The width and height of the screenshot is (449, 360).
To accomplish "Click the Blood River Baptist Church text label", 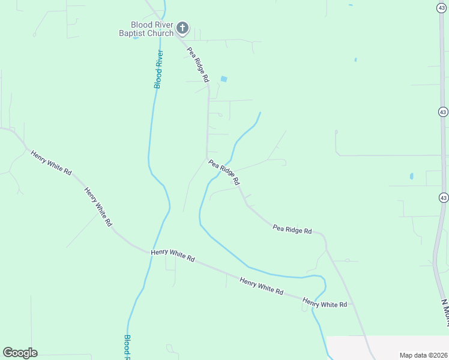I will [146, 29].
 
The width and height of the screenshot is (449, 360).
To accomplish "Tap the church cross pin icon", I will [182, 28].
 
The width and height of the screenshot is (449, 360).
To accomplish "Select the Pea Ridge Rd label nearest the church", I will [197, 64].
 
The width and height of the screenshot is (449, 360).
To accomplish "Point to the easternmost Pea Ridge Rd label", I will [292, 229].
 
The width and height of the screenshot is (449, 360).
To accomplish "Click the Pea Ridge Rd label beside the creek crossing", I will [224, 172].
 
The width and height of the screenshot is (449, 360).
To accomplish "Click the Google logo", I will [20, 353].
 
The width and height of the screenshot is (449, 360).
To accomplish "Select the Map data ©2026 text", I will [423, 355].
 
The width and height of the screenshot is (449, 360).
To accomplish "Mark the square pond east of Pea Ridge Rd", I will [224, 79].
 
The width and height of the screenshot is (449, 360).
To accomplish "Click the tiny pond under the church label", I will [136, 38].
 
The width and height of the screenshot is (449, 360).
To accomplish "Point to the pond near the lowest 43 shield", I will [411, 176].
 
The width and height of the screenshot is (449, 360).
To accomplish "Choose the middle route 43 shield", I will [442, 112].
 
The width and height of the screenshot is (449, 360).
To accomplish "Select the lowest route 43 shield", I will [443, 197].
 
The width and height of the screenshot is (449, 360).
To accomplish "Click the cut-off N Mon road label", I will [445, 313].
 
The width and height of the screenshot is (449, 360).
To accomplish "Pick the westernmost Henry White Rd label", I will [51, 163].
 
